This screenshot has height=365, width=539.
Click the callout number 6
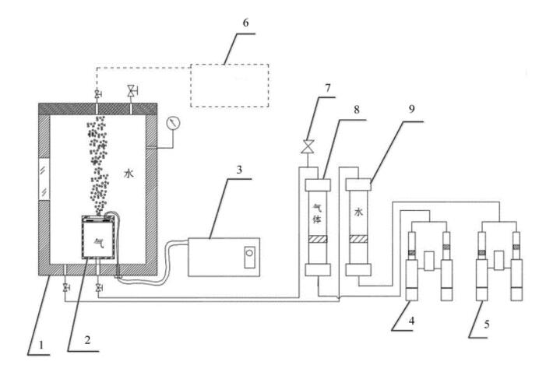[245, 23]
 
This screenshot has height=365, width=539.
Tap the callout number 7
[327, 88]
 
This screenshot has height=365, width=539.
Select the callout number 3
[240, 170]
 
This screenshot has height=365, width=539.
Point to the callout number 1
[41, 345]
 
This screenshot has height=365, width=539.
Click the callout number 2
[87, 340]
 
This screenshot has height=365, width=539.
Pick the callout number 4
[411, 321]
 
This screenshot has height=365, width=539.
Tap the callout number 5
[486, 324]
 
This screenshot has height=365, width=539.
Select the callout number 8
[357, 110]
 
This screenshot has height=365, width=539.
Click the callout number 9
[411, 109]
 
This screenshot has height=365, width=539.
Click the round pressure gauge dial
[173, 123]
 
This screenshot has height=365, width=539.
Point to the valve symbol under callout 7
[307, 146]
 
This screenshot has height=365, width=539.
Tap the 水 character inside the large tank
[129, 174]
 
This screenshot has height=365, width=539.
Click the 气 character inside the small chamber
[99, 243]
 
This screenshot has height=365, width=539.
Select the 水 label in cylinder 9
[358, 212]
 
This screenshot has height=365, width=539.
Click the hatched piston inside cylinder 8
[318, 239]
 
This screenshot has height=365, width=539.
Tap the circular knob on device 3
[249, 253]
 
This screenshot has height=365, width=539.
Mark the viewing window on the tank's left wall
[44, 180]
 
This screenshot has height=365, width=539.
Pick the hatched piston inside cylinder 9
[358, 239]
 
